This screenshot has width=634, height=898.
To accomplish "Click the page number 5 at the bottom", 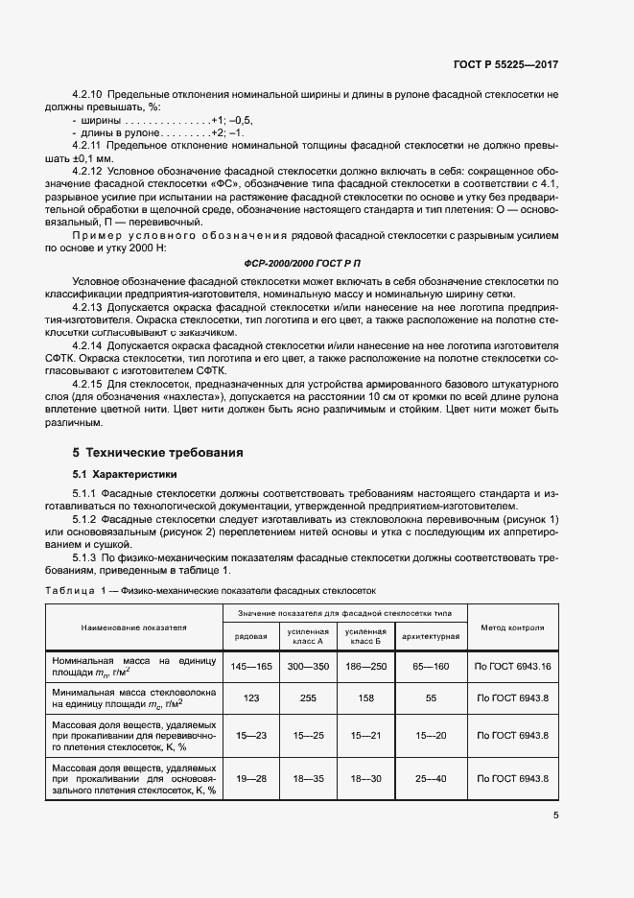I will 555,815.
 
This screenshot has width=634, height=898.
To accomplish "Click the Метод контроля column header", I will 511,627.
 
